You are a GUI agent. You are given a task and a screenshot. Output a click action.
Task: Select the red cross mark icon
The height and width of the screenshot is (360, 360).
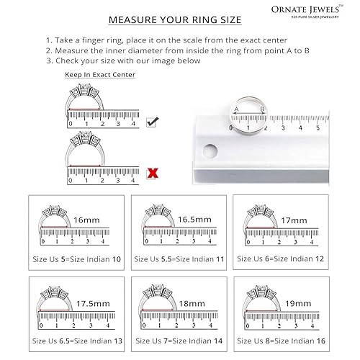[152, 172]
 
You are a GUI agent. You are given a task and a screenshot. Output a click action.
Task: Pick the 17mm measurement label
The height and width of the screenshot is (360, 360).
[294, 220]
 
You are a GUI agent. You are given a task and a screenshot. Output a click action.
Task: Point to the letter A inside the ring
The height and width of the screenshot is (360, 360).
[237, 109]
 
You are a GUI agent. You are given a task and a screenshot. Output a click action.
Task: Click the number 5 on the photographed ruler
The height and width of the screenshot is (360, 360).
[318, 127]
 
